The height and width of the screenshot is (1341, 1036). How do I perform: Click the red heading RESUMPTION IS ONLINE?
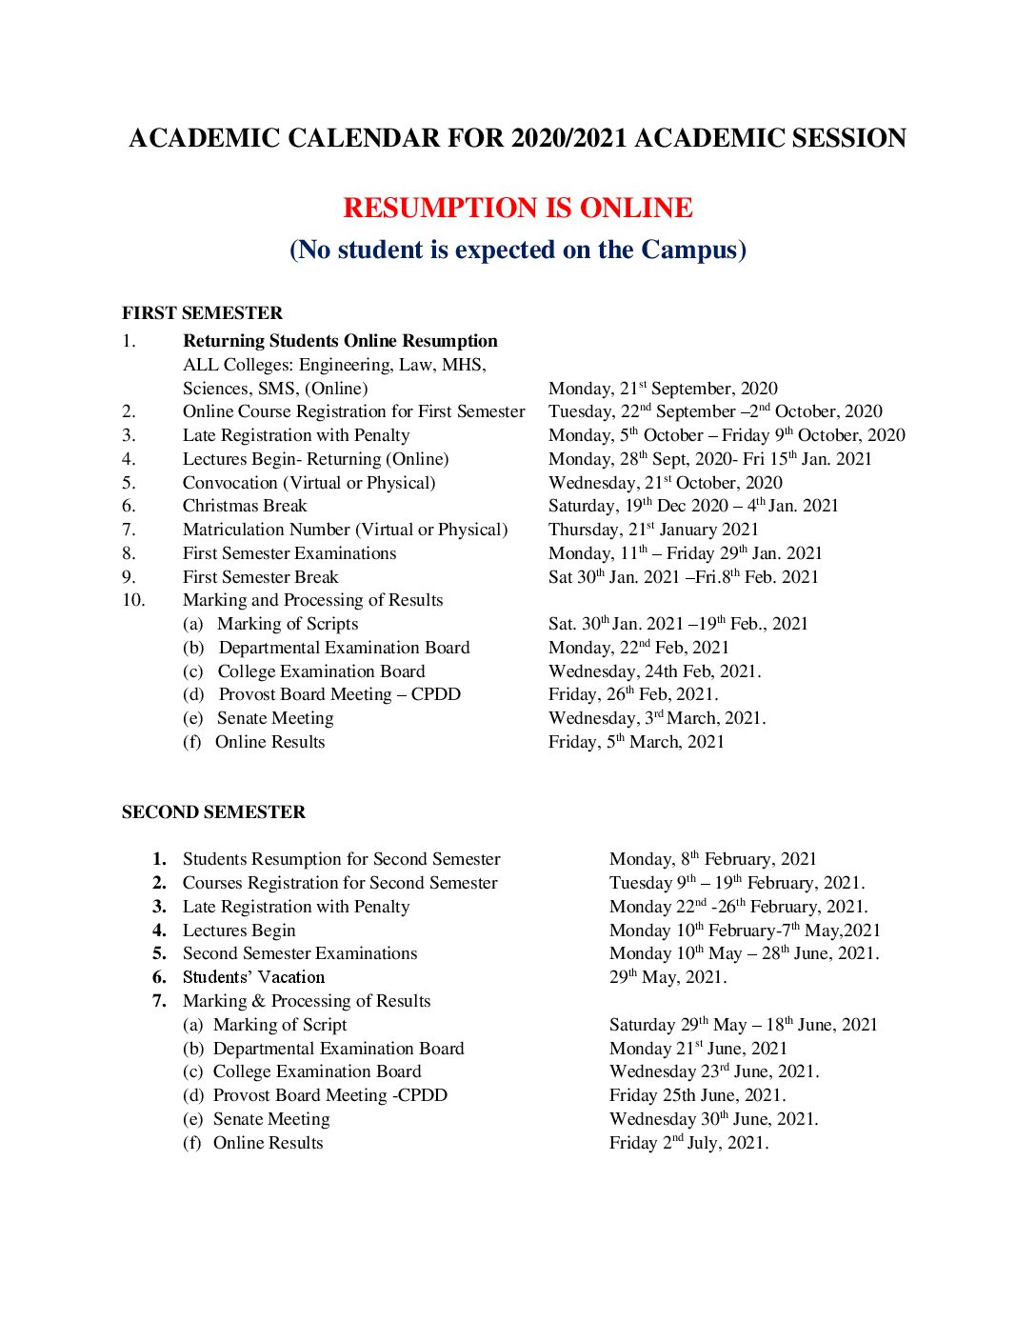(517, 208)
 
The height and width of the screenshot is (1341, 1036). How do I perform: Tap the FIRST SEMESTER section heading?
(202, 313)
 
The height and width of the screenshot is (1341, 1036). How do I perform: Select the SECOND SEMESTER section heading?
(213, 812)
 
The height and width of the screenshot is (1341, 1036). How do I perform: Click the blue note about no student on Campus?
(517, 250)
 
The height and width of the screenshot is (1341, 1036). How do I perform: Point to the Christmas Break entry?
(245, 506)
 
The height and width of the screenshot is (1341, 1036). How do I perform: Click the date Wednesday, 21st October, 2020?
(665, 483)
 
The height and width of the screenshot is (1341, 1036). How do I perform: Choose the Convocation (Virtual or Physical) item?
(309, 483)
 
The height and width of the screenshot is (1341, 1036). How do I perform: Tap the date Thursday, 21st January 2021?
(653, 530)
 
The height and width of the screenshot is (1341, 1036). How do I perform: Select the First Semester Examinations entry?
(289, 553)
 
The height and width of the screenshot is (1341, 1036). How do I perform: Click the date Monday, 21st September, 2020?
(663, 389)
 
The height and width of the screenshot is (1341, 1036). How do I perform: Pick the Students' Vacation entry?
(253, 977)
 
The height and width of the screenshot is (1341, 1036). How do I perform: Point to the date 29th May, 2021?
(667, 977)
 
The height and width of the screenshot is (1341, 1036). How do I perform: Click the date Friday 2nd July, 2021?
(688, 1143)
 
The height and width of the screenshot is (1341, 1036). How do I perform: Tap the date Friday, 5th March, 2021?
(636, 742)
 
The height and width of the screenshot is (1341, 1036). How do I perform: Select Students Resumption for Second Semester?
(341, 859)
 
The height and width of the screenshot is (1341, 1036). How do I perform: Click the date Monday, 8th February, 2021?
(712, 859)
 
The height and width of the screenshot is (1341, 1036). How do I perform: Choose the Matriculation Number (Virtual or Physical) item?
(345, 530)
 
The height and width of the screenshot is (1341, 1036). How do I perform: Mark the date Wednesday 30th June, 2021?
(713, 1119)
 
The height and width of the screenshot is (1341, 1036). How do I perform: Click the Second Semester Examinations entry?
(300, 953)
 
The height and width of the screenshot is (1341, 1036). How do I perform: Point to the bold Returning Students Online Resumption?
(340, 341)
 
